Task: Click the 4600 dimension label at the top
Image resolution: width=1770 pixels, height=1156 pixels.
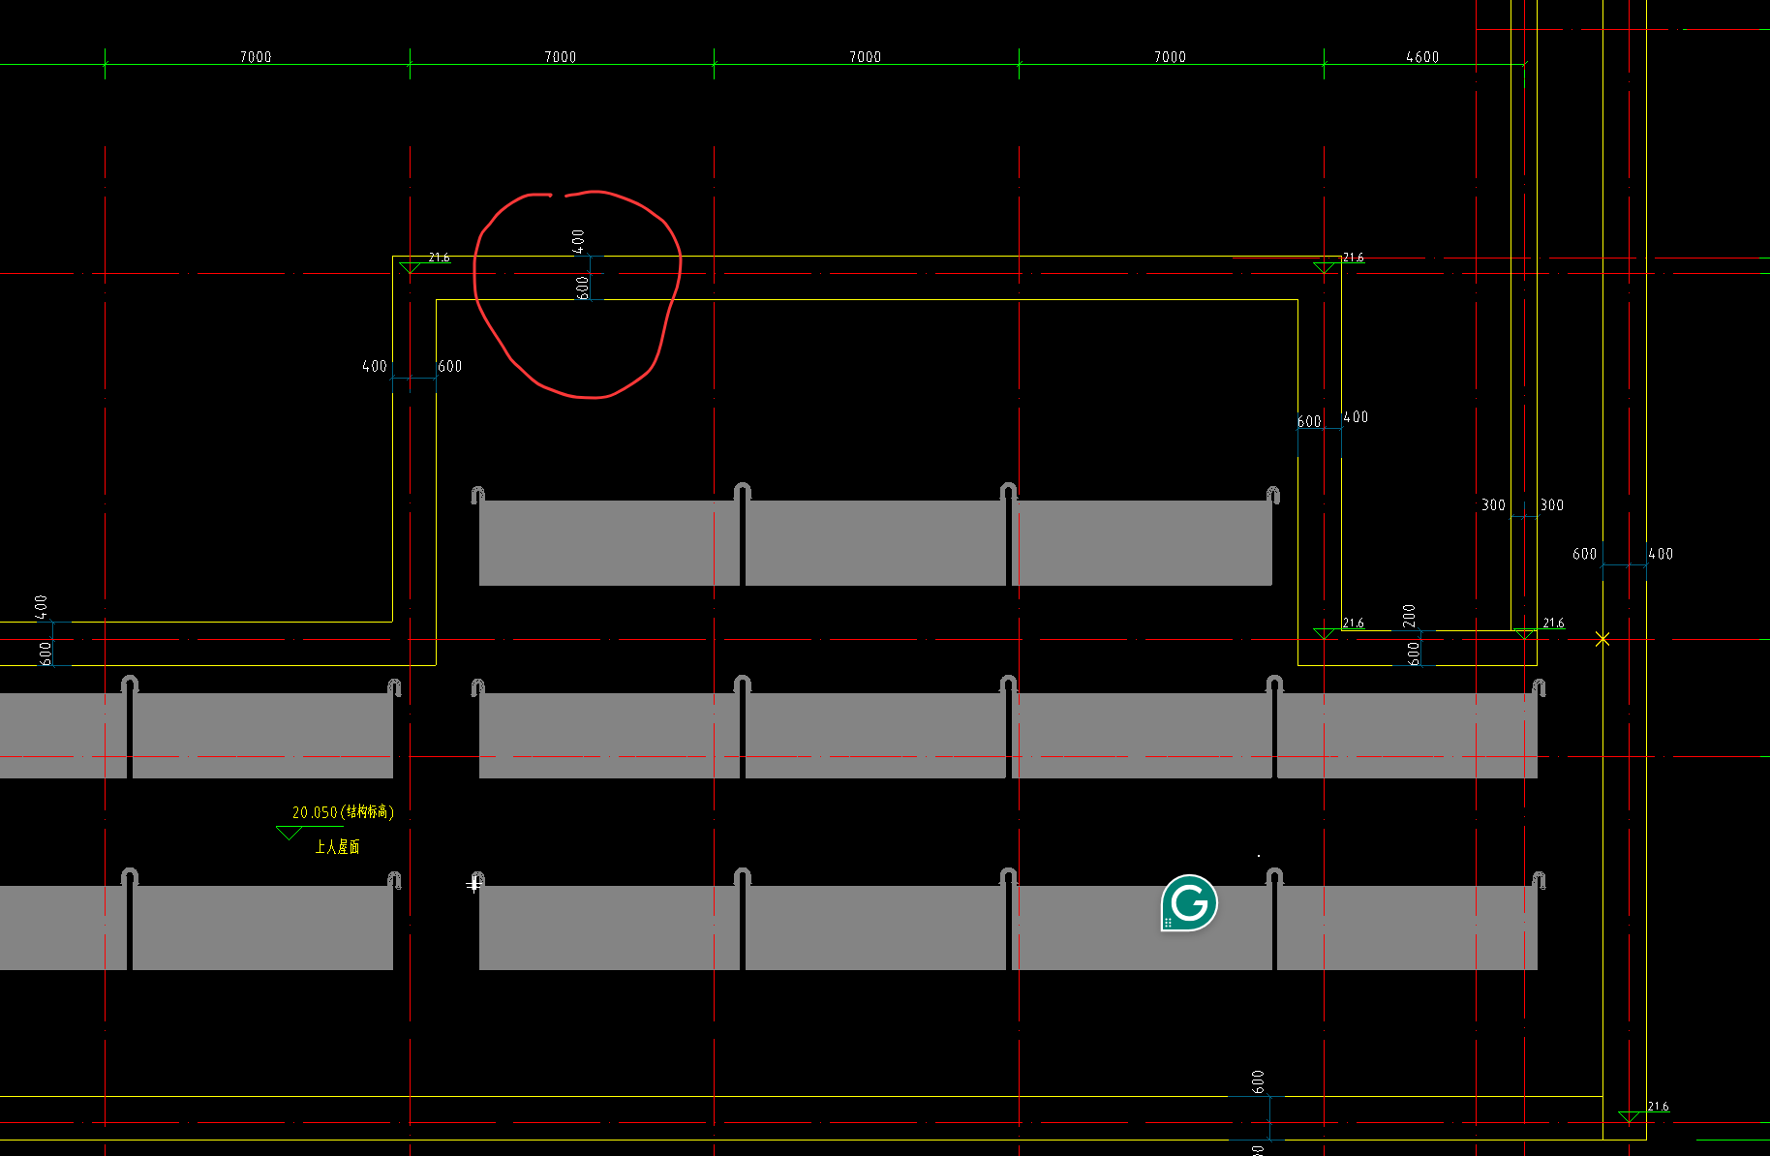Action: [1421, 57]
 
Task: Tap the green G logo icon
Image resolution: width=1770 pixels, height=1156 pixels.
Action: [1189, 903]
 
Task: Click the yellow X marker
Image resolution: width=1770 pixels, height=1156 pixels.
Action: [1602, 639]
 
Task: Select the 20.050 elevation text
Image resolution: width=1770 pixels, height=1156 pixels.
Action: [315, 812]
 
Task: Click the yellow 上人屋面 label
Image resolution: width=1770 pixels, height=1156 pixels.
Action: [337, 847]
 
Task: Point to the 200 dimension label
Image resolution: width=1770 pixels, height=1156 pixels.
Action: [1409, 615]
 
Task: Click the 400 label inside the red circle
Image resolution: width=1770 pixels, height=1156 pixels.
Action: [578, 241]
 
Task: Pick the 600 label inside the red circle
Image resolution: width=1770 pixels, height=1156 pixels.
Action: [582, 288]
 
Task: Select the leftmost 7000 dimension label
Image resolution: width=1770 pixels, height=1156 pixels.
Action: [256, 57]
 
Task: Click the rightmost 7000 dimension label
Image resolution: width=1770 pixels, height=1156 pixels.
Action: [1170, 57]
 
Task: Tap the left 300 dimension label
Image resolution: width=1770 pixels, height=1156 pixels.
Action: [1493, 505]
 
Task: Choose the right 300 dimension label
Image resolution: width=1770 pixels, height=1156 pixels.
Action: [1551, 505]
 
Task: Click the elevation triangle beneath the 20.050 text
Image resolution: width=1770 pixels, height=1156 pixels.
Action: [289, 833]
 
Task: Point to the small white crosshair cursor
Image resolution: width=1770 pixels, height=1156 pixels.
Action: [473, 885]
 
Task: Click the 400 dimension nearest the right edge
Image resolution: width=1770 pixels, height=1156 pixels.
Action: [1661, 555]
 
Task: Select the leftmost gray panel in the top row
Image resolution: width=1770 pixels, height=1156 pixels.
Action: [609, 542]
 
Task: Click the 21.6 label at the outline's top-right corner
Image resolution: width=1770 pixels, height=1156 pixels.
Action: [1353, 258]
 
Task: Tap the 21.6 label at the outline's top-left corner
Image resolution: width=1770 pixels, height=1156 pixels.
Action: [439, 258]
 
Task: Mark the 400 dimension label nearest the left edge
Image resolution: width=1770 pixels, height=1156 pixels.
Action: [41, 607]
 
